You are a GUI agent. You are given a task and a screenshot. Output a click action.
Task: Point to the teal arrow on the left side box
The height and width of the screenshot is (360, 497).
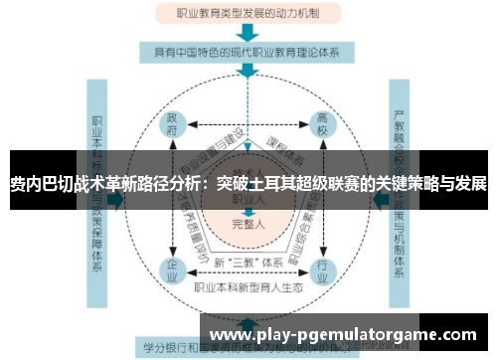tap(117, 199)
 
